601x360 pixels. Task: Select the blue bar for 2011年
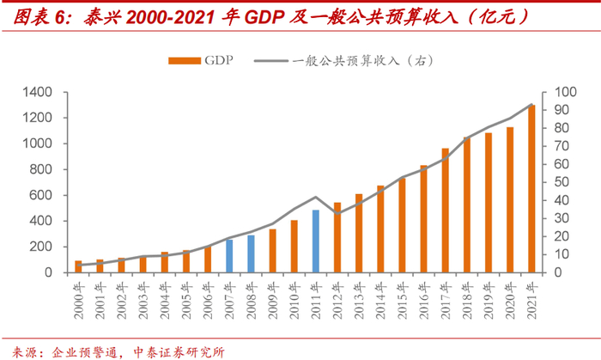coord(316,241)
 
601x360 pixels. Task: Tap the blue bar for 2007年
coord(229,256)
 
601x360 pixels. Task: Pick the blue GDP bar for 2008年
coord(251,254)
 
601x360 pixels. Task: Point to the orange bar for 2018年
coord(467,205)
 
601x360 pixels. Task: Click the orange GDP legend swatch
coord(184,60)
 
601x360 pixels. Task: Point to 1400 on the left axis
coord(39,92)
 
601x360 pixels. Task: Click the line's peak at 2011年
coord(316,197)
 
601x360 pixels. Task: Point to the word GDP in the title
coord(277,16)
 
